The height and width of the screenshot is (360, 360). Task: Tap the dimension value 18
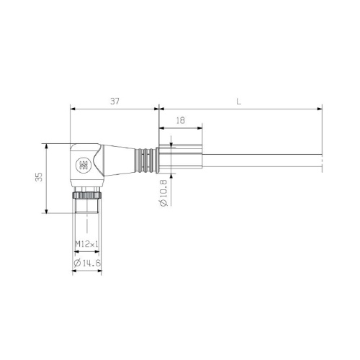coord(180,121)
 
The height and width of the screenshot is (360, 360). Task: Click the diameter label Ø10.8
coord(163,193)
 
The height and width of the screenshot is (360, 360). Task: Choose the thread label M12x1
coord(87,244)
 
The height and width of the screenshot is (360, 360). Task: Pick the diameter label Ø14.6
coord(87,264)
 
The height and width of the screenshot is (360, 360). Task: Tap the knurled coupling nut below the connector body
coord(87,194)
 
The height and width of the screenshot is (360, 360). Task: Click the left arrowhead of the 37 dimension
coord(73,109)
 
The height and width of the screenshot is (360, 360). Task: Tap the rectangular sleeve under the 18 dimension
coord(184,161)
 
